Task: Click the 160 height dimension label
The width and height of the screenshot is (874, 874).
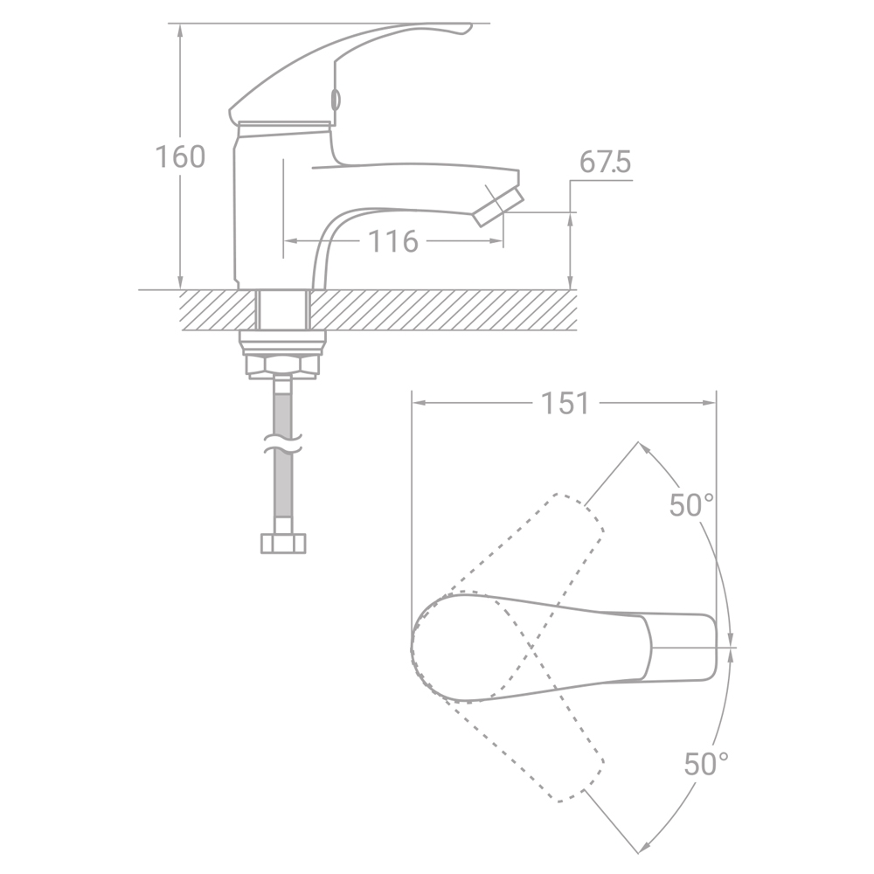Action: pos(180,156)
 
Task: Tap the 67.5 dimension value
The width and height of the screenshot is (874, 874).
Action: pos(605,163)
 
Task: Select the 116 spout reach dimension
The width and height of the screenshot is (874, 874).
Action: pos(393,241)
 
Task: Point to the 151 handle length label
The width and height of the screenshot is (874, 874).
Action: pos(565,403)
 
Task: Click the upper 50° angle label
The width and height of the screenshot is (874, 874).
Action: pos(691,505)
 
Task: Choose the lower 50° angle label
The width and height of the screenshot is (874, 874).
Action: pos(706,764)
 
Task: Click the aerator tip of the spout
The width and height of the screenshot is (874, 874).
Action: pos(499,207)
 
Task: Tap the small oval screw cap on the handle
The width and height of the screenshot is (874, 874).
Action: pos(336,100)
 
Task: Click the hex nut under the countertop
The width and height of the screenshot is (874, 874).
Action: pos(283,365)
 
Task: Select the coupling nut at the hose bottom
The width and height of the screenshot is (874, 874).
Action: pos(284,544)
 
